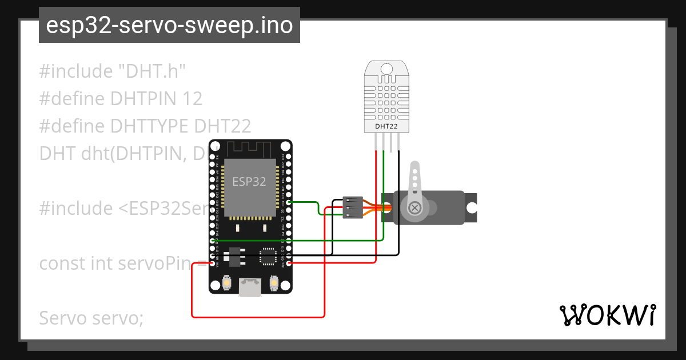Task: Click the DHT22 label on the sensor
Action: [x=387, y=126]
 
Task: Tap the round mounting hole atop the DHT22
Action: [x=387, y=70]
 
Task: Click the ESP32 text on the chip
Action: [x=249, y=182]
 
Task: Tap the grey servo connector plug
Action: [x=352, y=207]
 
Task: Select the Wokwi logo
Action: [x=607, y=315]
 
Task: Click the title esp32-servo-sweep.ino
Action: [x=169, y=26]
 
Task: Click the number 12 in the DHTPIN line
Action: [x=192, y=99]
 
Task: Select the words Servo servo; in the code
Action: [x=91, y=318]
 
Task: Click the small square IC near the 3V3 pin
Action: [x=268, y=256]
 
